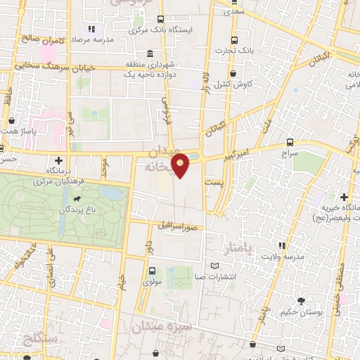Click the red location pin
coord(181,165)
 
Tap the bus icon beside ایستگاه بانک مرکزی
coord(161,20)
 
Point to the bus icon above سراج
coord(290,141)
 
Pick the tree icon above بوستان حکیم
coord(302,301)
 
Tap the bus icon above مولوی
coord(152,270)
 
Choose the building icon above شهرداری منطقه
coord(150,54)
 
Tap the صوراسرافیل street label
coord(182,226)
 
